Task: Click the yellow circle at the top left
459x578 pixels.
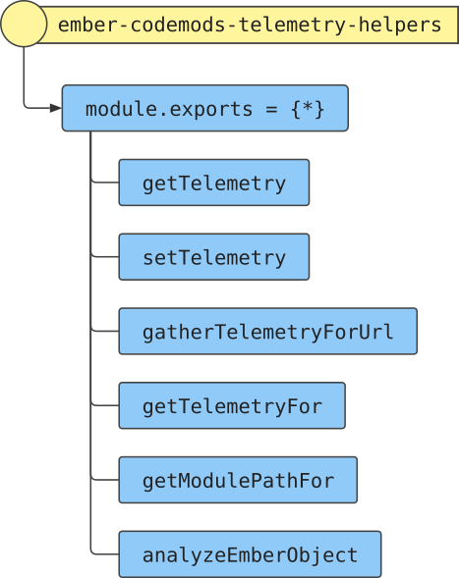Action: pos(24,24)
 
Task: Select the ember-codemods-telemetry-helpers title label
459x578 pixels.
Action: pos(250,26)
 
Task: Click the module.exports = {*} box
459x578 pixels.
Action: pos(205,108)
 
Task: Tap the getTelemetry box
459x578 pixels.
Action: pos(214,183)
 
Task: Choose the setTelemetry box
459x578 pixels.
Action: pos(214,257)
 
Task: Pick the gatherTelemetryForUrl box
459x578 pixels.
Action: pos(268,331)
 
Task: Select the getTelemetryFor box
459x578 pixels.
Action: pos(232,405)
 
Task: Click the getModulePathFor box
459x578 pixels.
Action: pos(238,480)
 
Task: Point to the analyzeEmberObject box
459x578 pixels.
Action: pos(250,554)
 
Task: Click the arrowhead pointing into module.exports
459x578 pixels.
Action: pos(56,108)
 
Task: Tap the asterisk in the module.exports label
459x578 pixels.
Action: pos(308,108)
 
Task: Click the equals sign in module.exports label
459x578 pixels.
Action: pos(271,110)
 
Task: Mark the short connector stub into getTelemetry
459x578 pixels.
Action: pos(105,182)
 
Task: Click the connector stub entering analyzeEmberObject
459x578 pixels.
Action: pos(105,553)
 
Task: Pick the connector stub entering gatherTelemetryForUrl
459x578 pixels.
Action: pos(105,331)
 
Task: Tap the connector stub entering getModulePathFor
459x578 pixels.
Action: pos(105,479)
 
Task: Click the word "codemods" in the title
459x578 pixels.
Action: pos(178,25)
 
